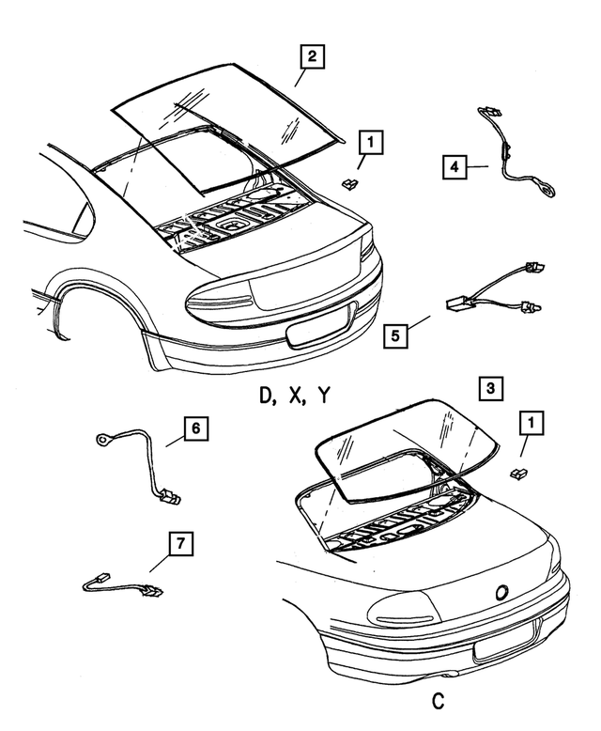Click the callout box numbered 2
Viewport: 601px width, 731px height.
(312, 57)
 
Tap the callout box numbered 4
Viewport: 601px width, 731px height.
(454, 168)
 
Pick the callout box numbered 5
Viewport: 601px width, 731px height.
(395, 334)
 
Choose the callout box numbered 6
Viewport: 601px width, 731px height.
(194, 429)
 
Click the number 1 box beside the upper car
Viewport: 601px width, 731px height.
(371, 143)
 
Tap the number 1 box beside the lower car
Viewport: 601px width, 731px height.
(532, 427)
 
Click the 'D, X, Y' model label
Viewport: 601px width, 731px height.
(294, 397)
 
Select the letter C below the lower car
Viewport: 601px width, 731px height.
(439, 702)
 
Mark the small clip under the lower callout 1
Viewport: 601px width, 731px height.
(516, 473)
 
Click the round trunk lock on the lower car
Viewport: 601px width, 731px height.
(500, 592)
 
